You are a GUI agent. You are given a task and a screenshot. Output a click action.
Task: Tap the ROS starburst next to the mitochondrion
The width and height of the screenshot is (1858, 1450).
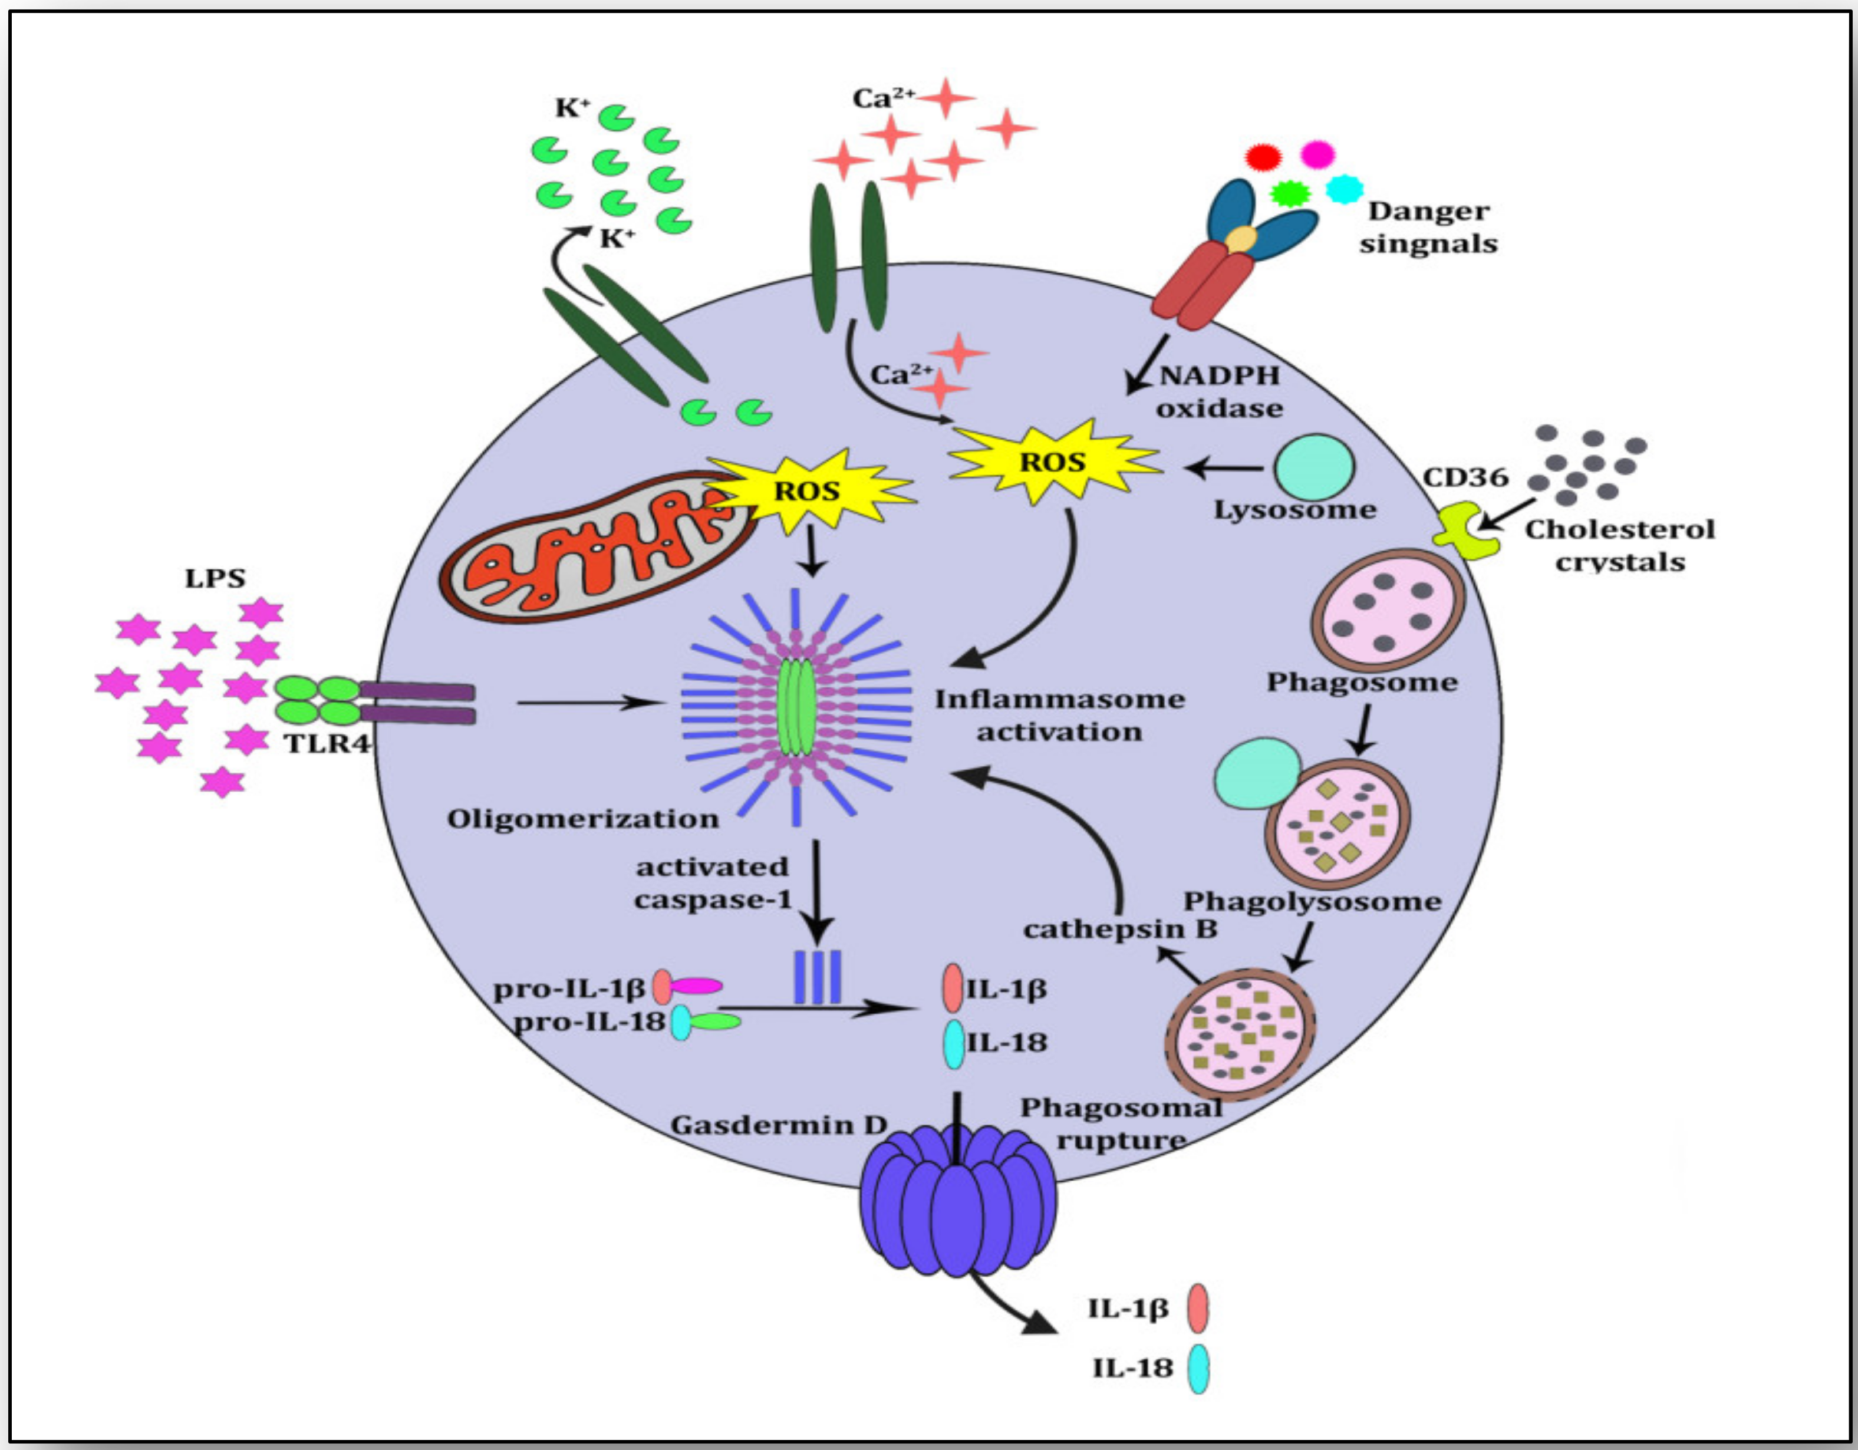click(x=806, y=492)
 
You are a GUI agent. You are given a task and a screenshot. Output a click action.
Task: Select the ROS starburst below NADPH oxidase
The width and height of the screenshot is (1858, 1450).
click(x=1053, y=462)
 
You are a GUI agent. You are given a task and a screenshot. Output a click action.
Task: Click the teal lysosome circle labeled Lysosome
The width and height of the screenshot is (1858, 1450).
click(x=1315, y=467)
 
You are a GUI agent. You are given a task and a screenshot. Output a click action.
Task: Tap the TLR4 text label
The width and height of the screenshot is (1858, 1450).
click(x=327, y=743)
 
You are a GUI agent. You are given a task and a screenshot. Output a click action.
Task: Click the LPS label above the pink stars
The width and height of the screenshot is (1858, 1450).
click(x=215, y=578)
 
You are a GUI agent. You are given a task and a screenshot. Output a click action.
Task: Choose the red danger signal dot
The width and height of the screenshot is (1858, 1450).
click(x=1263, y=156)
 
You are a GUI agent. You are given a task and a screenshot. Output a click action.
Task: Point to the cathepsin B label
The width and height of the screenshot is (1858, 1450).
click(x=1119, y=929)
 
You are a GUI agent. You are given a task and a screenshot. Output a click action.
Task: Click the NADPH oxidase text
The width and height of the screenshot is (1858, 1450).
click(x=1219, y=391)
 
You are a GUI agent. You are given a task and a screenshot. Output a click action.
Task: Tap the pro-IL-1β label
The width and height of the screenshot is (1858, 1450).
click(x=569, y=989)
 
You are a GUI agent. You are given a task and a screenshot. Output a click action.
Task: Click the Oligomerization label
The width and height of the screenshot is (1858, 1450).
click(x=583, y=818)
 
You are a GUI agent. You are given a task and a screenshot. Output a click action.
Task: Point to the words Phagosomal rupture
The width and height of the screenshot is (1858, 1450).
click(x=1121, y=1123)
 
